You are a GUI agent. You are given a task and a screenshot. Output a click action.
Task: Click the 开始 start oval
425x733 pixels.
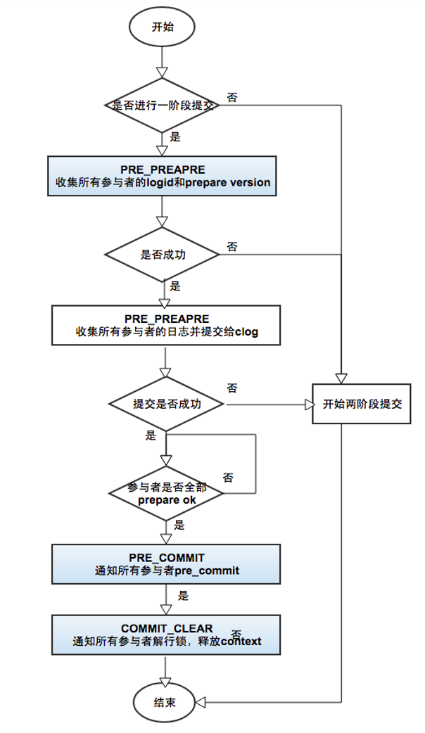pyautogui.click(x=163, y=27)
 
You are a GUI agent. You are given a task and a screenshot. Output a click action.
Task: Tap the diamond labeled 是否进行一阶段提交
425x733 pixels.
pyautogui.click(x=163, y=105)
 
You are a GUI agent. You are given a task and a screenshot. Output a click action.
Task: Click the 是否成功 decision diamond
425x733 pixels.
pyautogui.click(x=163, y=254)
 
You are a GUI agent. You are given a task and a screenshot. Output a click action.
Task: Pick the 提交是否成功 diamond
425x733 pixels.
pyautogui.click(x=167, y=404)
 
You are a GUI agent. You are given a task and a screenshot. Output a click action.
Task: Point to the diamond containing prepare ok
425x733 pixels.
pyautogui.click(x=167, y=494)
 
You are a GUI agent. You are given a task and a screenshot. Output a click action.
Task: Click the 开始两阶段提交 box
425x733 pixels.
pyautogui.click(x=361, y=404)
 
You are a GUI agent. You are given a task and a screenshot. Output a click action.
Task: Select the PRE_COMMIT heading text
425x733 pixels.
pyautogui.click(x=166, y=558)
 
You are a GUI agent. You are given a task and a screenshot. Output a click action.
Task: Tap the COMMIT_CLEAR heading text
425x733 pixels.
pyautogui.click(x=166, y=628)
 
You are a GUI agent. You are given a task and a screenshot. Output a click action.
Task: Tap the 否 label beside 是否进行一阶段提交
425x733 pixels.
pyautogui.click(x=231, y=96)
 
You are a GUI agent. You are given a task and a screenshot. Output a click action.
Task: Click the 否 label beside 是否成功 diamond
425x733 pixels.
pyautogui.click(x=231, y=246)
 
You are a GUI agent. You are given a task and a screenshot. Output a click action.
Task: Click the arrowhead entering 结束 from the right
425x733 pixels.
pyautogui.click(x=200, y=701)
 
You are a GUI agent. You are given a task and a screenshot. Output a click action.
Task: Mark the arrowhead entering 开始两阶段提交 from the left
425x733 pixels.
pyautogui.click(x=308, y=404)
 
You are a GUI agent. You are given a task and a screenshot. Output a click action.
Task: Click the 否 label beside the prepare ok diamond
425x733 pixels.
pyautogui.click(x=228, y=477)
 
